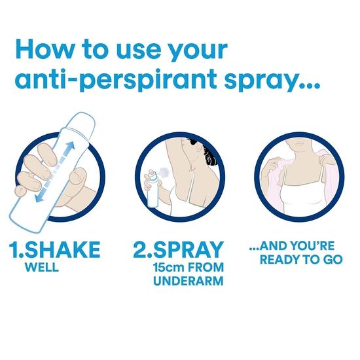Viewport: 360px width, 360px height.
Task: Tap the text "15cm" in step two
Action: point(170,267)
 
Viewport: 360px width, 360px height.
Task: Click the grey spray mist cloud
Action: point(165,171)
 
